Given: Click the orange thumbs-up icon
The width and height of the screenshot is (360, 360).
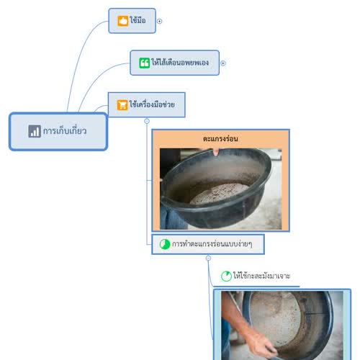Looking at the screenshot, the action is [x=122, y=21].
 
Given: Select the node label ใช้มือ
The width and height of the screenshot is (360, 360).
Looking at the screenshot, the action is [x=138, y=20].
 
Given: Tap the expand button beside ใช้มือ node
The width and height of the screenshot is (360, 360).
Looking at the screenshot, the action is [x=159, y=21].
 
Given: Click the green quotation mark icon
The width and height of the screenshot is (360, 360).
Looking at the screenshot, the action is [x=144, y=63].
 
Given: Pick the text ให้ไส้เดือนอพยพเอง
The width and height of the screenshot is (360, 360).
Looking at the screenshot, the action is [x=180, y=63].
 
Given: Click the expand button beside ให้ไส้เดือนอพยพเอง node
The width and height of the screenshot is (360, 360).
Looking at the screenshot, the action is [x=223, y=63].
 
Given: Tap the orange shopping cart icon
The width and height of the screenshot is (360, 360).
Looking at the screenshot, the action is [x=122, y=105].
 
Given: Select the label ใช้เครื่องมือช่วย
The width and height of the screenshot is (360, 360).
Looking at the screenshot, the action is [x=152, y=104].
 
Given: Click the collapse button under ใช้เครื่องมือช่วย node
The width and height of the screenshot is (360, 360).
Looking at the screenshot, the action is [x=147, y=121].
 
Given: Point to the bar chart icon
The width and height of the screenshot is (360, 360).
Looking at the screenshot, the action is [x=35, y=131].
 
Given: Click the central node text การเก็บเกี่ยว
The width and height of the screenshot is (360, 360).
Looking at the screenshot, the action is [x=65, y=131].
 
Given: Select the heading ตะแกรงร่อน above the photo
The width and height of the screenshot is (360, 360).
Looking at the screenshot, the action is [x=220, y=138].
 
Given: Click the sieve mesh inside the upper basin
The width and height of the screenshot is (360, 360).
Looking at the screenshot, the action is [x=220, y=193].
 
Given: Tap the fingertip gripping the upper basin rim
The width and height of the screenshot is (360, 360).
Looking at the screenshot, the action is [x=216, y=152].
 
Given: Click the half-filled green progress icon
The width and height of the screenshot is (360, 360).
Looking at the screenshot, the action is [x=165, y=244].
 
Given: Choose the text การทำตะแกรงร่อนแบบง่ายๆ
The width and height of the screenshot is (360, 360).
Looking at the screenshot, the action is [x=212, y=244].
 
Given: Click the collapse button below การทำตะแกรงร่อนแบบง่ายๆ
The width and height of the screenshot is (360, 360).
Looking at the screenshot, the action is [x=208, y=258].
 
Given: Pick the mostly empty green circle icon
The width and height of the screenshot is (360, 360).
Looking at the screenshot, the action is [x=226, y=276].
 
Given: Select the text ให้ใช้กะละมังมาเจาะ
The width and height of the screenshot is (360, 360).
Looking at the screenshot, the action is [x=261, y=276].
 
